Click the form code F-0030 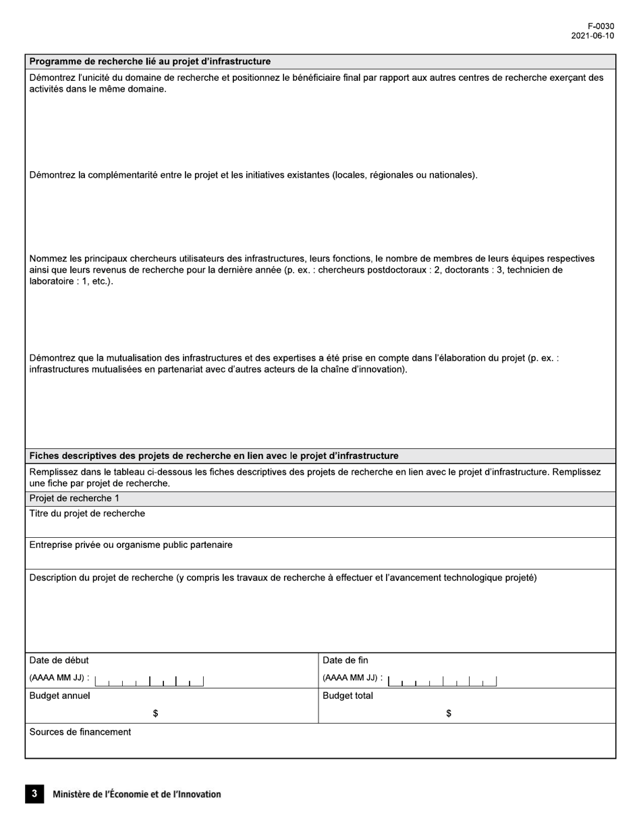pos(601,26)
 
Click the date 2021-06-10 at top pos(592,36)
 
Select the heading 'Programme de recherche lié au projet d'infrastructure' pos(150,61)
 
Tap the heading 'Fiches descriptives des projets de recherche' pos(214,456)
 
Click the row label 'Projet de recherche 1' pos(74,499)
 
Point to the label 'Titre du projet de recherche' pos(87,514)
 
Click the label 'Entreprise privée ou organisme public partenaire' pos(131,545)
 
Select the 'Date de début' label pos(59,661)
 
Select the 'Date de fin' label pos(345,661)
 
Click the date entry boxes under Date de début pos(149,681)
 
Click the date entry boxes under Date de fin pos(443,681)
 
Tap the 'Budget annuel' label pos(59,696)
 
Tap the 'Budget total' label pos(347,696)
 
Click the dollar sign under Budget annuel pos(155,714)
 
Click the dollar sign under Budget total pos(449,714)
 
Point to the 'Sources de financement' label pos(80,732)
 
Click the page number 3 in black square pos(34,794)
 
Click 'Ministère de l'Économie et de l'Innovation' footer pos(136,795)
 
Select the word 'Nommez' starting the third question pos(48,259)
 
